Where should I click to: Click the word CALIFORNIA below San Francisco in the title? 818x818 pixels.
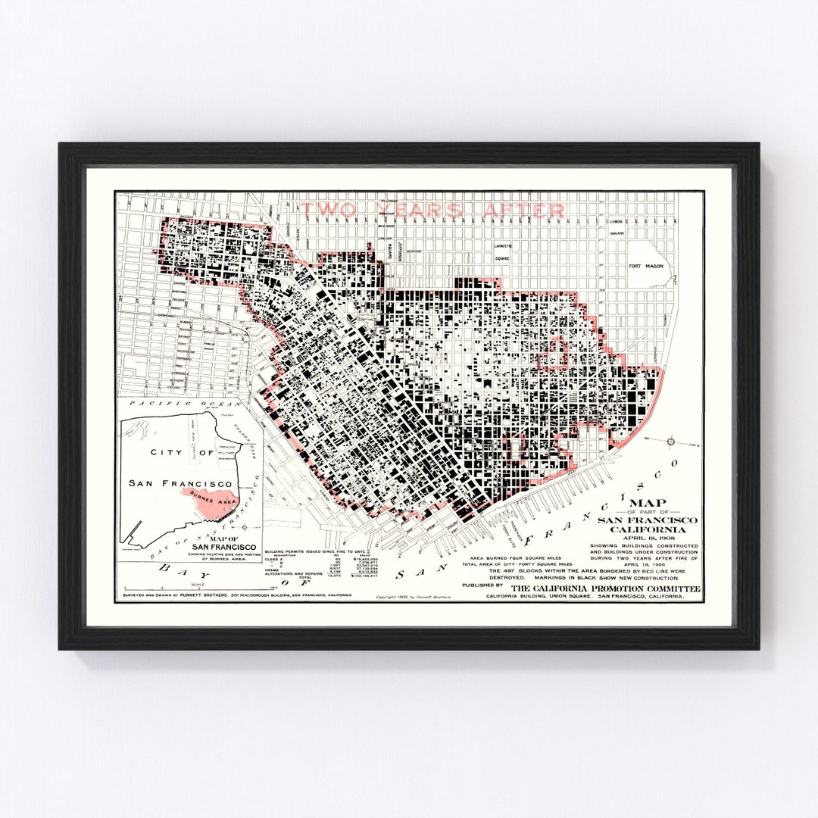648,529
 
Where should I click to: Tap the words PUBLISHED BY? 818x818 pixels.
482,585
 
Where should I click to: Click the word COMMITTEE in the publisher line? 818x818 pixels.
670,589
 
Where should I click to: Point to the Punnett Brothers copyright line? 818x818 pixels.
414,598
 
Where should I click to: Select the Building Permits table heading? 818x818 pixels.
314,551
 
